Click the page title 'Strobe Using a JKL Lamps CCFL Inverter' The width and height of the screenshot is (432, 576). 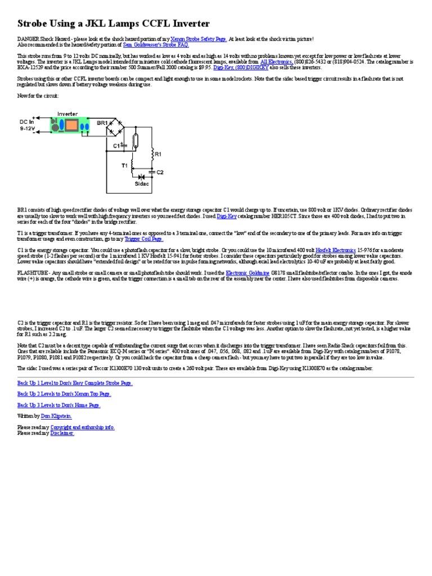click(x=114, y=24)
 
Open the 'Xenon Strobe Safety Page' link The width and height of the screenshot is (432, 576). click(x=199, y=39)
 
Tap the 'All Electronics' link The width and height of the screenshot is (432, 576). click(x=276, y=61)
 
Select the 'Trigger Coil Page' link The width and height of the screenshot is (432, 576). click(x=143, y=238)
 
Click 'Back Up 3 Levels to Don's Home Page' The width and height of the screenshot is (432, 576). click(x=59, y=405)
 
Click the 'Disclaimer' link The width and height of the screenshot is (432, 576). click(x=62, y=433)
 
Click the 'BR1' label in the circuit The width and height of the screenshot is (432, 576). click(x=102, y=122)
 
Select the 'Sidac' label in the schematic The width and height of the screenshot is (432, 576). click(x=142, y=183)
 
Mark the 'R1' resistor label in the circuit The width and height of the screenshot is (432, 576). click(x=158, y=154)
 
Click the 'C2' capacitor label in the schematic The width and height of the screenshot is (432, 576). click(x=159, y=172)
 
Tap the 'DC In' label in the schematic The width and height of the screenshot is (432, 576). click(x=27, y=121)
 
